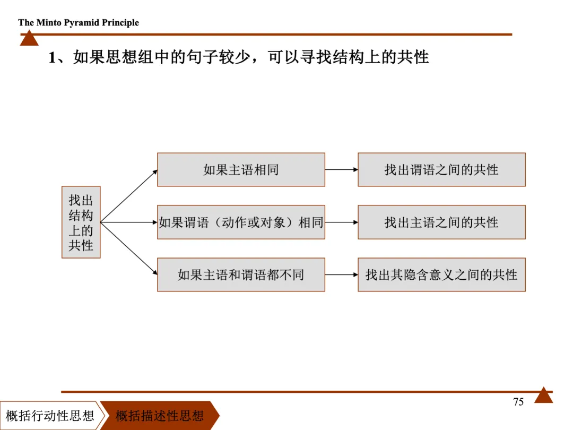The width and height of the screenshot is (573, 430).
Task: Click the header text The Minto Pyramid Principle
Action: point(79,22)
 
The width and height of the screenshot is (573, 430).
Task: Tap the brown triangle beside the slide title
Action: point(29,38)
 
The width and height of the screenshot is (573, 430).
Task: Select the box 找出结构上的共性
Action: point(81,222)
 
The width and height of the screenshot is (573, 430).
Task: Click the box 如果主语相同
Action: point(241,170)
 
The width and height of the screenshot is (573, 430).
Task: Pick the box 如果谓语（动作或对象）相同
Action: point(241,222)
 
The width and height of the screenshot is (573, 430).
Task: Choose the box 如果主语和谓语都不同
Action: point(241,274)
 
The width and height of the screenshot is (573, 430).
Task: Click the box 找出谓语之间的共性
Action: point(441,170)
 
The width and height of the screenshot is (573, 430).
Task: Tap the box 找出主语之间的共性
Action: point(441,222)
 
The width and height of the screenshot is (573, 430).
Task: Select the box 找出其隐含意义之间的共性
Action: point(441,274)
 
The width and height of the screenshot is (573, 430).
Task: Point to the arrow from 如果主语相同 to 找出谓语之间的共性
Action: point(341,170)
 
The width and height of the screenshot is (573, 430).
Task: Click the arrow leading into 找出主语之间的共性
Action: point(341,222)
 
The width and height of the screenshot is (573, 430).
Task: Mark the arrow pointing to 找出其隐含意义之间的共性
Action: point(341,274)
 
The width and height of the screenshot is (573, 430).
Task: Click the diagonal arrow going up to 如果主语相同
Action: point(129,196)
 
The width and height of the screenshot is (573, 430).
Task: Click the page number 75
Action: point(518,402)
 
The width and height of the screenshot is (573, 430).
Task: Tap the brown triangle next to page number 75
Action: point(543,396)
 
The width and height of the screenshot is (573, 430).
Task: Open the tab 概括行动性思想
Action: point(50,415)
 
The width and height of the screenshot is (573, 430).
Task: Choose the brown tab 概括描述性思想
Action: point(160,415)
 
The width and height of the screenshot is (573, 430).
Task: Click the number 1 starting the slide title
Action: point(52,57)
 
